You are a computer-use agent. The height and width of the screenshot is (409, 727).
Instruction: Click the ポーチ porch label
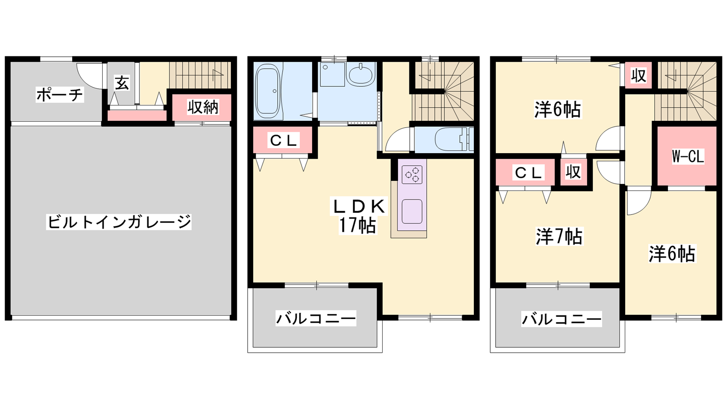coord(60,95)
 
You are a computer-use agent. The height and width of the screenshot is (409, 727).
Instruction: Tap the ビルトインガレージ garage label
coord(119,222)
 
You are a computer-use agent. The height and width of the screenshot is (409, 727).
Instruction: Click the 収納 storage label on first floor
coord(203,107)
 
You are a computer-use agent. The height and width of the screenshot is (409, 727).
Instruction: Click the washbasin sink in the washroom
coord(361,75)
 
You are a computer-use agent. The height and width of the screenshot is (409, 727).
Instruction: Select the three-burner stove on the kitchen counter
coord(412,175)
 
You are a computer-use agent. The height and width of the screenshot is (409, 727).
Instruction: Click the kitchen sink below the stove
coord(412,211)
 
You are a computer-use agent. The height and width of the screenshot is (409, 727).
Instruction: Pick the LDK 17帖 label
coord(358,215)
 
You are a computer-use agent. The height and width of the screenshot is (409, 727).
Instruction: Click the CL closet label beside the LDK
coord(283,140)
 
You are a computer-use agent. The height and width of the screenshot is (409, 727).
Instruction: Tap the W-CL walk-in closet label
coord(688,156)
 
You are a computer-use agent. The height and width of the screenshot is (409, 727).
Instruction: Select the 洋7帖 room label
coord(559,236)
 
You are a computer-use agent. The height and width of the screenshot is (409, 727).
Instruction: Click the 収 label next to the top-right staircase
coord(638,75)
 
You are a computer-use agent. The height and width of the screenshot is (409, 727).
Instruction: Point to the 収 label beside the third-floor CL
coord(573,172)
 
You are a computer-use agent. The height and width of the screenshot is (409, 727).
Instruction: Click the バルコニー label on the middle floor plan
coord(316,319)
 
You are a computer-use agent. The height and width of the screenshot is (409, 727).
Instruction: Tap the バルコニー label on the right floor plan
coord(562,319)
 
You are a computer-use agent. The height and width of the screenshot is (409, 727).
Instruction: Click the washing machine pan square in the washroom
coord(332,75)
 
